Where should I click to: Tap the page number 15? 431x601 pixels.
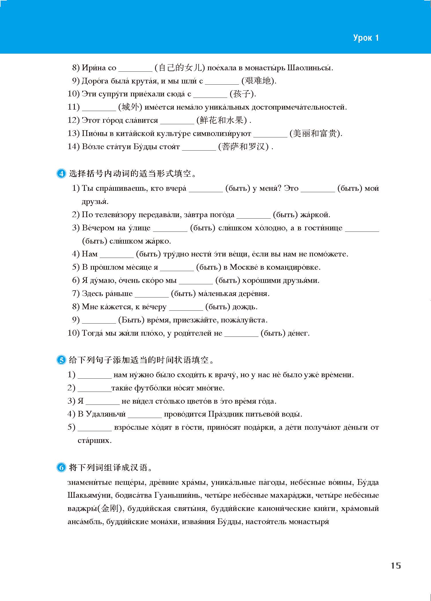(x=396, y=566)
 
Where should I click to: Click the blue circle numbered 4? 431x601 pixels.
(x=61, y=174)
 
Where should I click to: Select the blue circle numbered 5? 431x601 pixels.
(x=61, y=360)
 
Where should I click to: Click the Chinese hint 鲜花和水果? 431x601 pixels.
(x=222, y=120)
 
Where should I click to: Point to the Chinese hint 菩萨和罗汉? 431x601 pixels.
(x=243, y=147)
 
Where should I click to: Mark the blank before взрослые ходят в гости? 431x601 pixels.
(x=95, y=427)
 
